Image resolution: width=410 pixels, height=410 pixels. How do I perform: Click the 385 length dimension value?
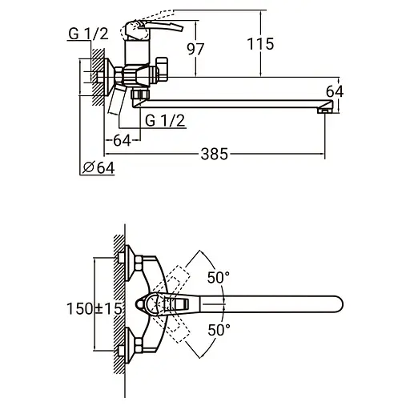[215, 154]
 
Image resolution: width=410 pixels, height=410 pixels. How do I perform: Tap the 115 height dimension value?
[260, 44]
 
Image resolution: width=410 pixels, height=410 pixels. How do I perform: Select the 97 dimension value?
[195, 49]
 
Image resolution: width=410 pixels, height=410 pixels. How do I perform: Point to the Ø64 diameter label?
[98, 167]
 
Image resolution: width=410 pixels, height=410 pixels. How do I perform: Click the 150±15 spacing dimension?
[94, 308]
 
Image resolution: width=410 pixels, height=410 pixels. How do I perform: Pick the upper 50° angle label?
[219, 278]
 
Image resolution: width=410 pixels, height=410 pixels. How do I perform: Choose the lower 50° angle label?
[219, 330]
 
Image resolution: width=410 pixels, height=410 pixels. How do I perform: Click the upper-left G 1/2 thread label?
[88, 34]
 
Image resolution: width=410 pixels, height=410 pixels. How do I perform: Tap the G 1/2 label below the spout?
[165, 121]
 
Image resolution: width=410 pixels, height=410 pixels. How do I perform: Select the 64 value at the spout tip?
[335, 91]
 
